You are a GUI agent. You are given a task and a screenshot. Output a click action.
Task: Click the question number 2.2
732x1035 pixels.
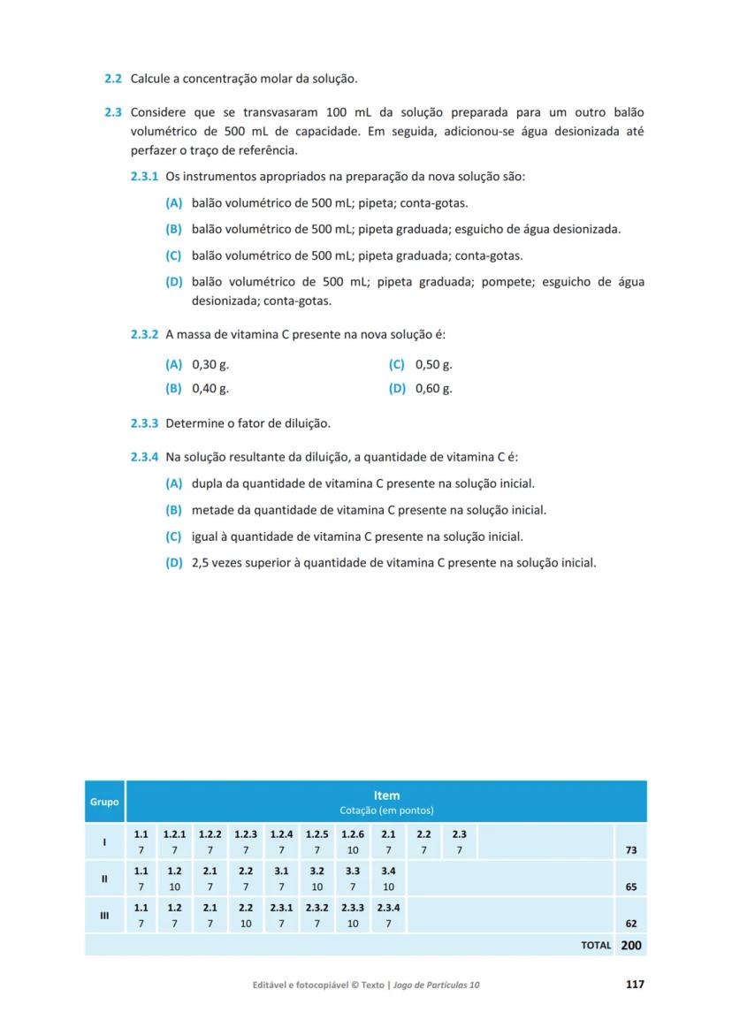pos(112,80)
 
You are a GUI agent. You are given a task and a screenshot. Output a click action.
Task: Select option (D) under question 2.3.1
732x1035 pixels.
pos(173,282)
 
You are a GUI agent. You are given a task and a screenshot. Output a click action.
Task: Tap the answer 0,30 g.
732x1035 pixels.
pos(210,364)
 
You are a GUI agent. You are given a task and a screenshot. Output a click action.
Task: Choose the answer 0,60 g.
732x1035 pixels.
pos(433,389)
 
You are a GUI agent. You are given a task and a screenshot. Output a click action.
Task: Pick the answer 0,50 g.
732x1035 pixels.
pos(433,364)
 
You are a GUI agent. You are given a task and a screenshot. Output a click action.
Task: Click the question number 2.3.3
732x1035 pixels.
pos(144,423)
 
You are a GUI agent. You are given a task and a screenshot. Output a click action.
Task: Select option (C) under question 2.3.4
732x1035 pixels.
pos(173,537)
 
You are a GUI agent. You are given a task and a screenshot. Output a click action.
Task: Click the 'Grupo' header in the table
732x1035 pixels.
pos(104,803)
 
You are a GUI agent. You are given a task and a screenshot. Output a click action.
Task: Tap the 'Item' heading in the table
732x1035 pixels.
pos(386,795)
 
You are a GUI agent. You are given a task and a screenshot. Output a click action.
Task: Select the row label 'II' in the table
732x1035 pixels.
pos(104,879)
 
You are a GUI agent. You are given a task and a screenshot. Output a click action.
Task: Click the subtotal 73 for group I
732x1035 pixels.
pos(630,850)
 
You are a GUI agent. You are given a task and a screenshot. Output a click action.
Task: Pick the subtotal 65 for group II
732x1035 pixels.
pos(630,887)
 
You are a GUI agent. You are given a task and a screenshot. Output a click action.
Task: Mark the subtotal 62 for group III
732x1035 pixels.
pos(630,924)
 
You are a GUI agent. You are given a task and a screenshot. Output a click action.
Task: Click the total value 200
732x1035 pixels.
pos(631,945)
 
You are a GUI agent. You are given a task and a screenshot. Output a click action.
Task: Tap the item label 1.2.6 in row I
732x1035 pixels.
pos(353,833)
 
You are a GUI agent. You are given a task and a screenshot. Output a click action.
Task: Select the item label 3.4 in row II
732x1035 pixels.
pos(388,871)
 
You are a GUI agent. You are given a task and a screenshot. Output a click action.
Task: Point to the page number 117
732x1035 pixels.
pos(634,985)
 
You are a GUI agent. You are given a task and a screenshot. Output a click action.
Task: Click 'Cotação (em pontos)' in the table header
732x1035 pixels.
pos(386,810)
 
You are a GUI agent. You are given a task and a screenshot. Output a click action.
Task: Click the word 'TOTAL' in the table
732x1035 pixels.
pos(596,946)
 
